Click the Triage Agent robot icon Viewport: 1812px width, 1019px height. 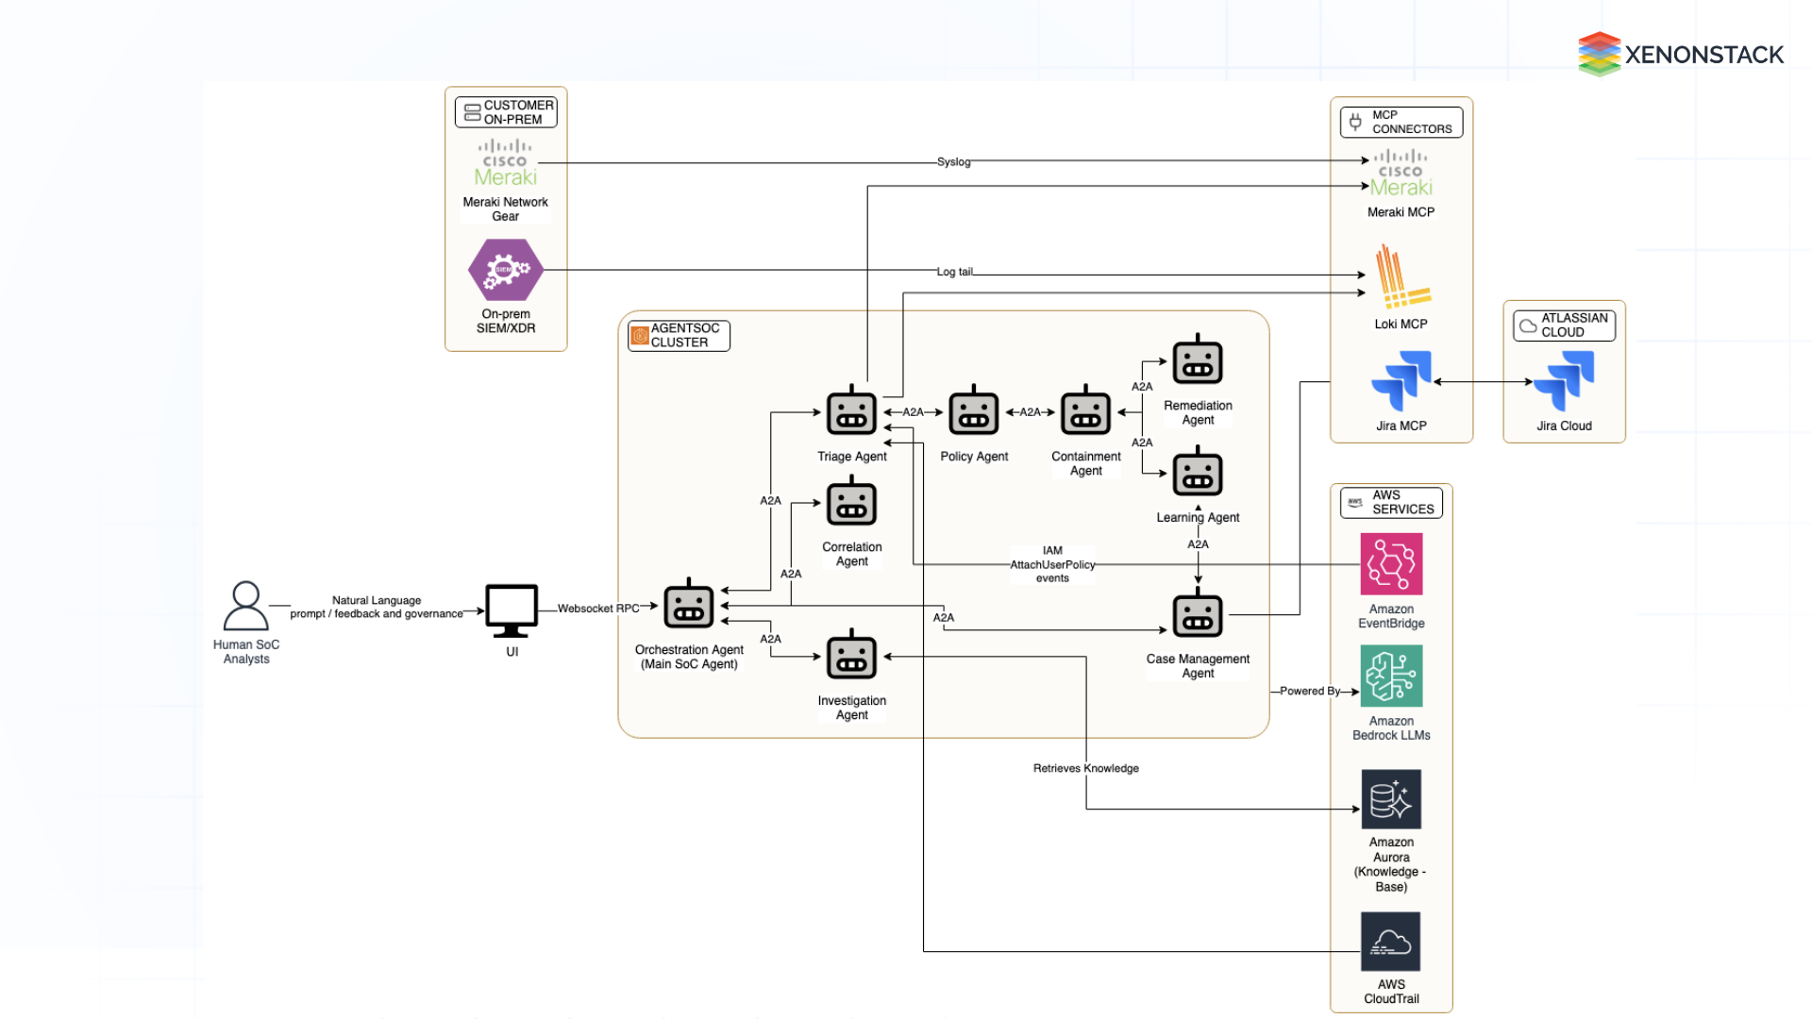(851, 412)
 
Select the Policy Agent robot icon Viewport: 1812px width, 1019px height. (973, 412)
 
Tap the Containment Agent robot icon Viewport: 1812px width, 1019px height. (1085, 412)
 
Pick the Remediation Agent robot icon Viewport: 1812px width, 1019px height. (1197, 361)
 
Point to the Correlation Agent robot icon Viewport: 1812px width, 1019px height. (851, 503)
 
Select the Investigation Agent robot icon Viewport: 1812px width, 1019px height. (851, 657)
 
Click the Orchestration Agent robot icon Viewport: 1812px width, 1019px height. (688, 606)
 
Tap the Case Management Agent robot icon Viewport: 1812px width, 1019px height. (1197, 615)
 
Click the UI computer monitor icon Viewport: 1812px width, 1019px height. (512, 610)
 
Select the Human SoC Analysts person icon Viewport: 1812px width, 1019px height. (245, 606)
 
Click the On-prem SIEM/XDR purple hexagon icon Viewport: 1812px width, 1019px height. (505, 270)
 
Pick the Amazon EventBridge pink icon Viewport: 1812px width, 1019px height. (1390, 564)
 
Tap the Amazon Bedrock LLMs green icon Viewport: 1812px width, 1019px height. (1390, 676)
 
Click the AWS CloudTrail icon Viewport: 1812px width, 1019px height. (1390, 942)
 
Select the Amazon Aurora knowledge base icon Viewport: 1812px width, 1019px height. (1390, 799)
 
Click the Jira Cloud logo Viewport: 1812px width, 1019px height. (1564, 380)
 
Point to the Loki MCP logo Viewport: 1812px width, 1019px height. (1401, 278)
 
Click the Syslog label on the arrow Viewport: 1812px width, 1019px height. (953, 162)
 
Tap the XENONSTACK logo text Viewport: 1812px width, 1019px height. (1703, 55)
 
